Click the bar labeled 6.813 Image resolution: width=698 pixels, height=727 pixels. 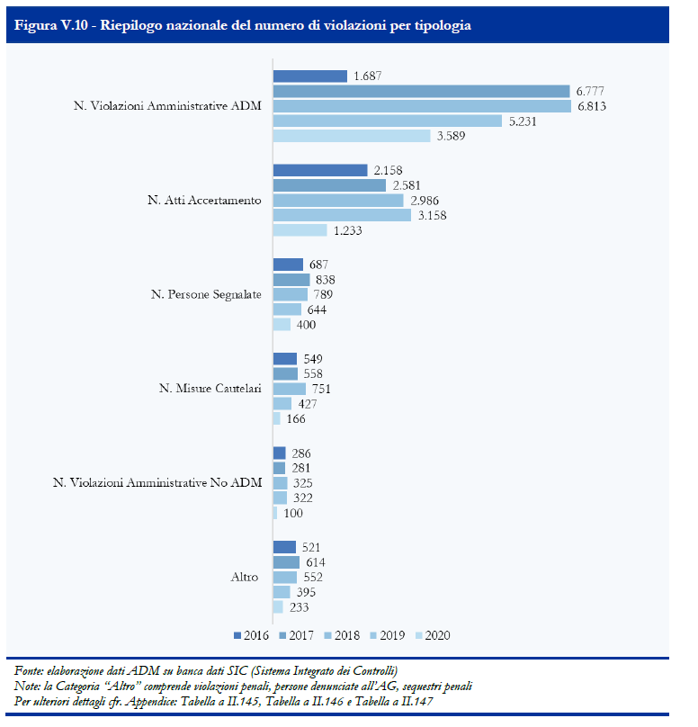coord(422,106)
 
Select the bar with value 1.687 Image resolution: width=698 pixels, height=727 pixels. coord(310,76)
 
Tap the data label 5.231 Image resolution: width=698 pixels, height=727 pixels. coord(523,121)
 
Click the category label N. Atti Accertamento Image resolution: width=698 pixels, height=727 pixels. coord(204,201)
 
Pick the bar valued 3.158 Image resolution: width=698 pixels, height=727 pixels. coord(342,215)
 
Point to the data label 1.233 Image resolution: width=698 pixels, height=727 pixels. coord(347,230)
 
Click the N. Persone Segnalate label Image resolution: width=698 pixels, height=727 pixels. coord(206,294)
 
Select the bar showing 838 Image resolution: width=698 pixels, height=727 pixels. coord(291,280)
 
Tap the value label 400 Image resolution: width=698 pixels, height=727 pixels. coord(306,325)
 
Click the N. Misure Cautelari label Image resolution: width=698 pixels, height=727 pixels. coord(210,388)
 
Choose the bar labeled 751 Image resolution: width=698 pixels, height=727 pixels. coord(290,389)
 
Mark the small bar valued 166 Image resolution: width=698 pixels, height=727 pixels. coord(277,418)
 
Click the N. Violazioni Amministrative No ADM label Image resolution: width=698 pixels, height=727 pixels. coord(157,482)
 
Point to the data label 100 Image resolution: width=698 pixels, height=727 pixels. coord(293,513)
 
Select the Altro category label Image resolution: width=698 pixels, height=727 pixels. coord(245,578)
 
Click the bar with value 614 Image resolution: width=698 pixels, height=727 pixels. coord(286,562)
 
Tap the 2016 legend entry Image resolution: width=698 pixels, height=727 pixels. coord(251,635)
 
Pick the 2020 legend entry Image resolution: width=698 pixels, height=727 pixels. coord(433,635)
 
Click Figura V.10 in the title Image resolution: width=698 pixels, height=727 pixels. coord(51,25)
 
